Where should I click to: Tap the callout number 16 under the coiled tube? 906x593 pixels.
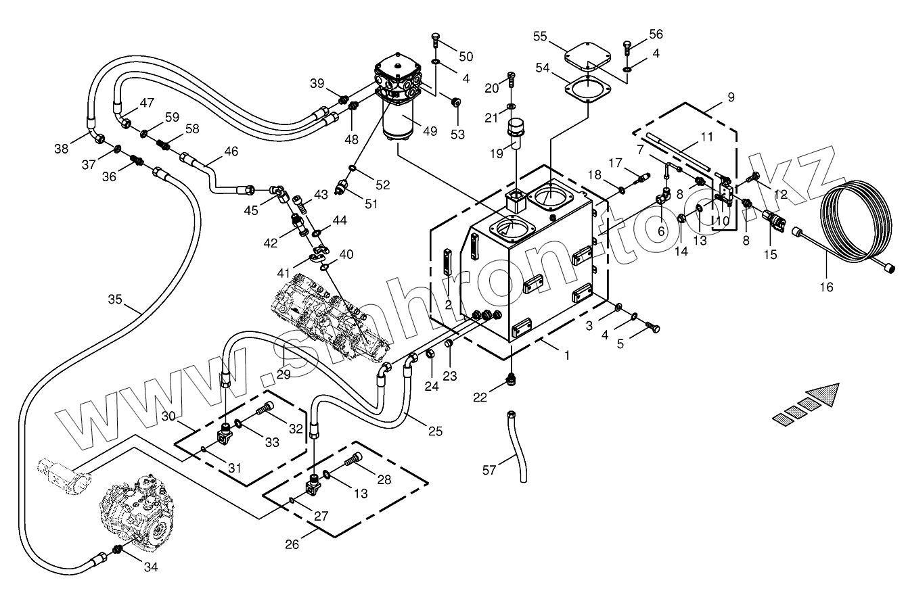tap(826, 287)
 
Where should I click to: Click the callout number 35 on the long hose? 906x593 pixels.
tap(115, 300)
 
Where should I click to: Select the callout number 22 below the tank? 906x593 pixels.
tap(480, 398)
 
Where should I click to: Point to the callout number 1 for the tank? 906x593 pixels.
tap(567, 355)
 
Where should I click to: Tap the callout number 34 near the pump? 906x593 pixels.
tap(150, 567)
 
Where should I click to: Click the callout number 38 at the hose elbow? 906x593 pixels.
tap(62, 149)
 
